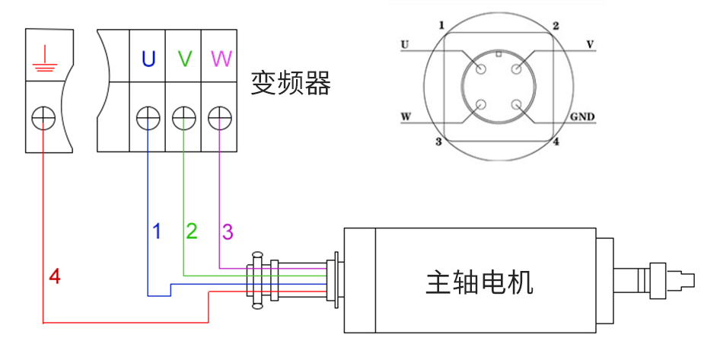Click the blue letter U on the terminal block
click(148, 59)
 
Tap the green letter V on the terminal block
click(183, 59)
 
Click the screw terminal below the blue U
click(148, 118)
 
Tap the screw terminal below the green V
click(183, 118)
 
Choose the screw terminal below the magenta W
click(219, 118)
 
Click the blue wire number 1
click(157, 231)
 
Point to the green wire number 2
click(192, 231)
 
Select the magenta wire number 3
click(228, 231)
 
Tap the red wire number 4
click(54, 276)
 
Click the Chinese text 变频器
click(291, 84)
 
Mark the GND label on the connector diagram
click(582, 118)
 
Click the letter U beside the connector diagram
click(404, 44)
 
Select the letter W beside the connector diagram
click(406, 118)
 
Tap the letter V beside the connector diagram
click(589, 44)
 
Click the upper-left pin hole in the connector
click(481, 69)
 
